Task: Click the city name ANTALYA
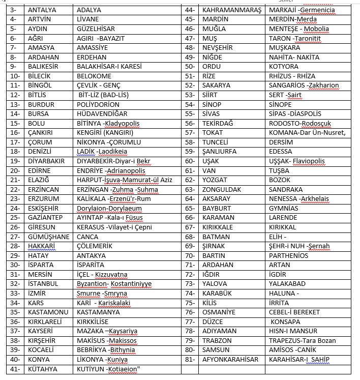point(42,10)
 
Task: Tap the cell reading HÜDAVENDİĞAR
point(102,114)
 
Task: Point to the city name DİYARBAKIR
point(48,161)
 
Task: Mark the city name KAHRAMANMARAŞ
point(231,10)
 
